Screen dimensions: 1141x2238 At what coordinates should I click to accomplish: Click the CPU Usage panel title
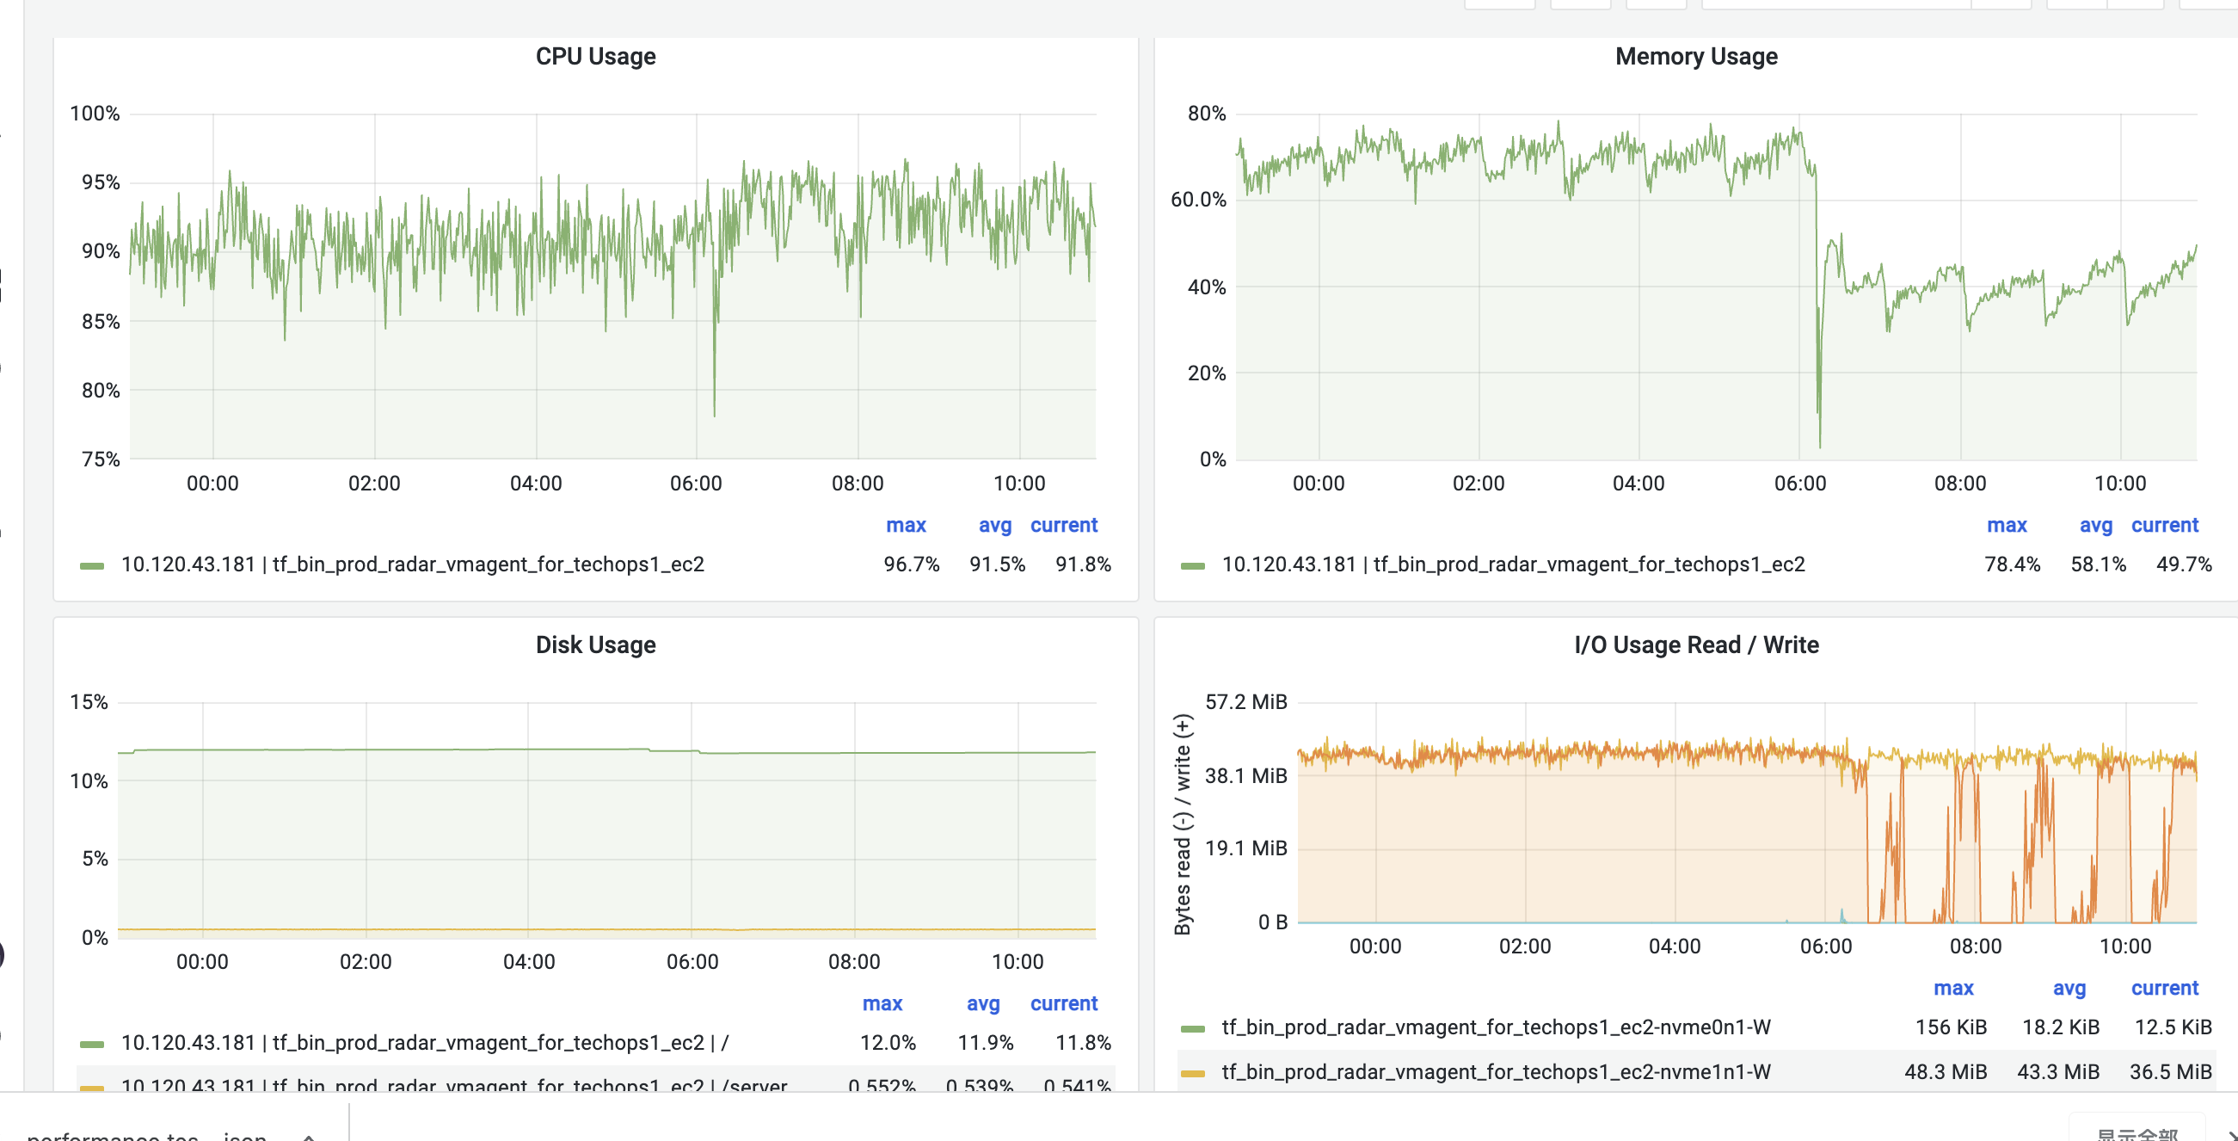pyautogui.click(x=595, y=57)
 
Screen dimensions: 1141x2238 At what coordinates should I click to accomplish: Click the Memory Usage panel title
pyautogui.click(x=1695, y=57)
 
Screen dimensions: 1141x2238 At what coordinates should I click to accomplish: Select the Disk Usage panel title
pyautogui.click(x=595, y=645)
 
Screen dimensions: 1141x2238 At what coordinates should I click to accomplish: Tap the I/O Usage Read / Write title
pyautogui.click(x=1695, y=645)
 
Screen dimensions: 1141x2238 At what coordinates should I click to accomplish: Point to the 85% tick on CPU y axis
pyautogui.click(x=101, y=322)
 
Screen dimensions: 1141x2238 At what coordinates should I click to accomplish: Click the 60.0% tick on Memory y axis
pyautogui.click(x=1198, y=200)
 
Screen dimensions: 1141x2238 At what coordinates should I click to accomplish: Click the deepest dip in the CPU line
pyautogui.click(x=714, y=414)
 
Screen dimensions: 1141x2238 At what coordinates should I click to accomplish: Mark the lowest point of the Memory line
pyautogui.click(x=1819, y=446)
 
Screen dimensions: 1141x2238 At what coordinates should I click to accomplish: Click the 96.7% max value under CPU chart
pyautogui.click(x=912, y=564)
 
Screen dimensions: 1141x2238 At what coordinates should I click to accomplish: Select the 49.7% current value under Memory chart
pyautogui.click(x=2183, y=564)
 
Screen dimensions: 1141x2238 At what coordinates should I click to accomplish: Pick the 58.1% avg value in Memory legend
pyautogui.click(x=2097, y=564)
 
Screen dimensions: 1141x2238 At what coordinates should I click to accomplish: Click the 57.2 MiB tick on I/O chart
pyautogui.click(x=1245, y=702)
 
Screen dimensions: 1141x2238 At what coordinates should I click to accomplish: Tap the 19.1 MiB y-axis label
pyautogui.click(x=1245, y=848)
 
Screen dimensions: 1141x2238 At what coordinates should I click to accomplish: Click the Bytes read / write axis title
pyautogui.click(x=1183, y=823)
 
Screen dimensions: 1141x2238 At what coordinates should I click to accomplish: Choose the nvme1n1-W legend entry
pyautogui.click(x=1495, y=1072)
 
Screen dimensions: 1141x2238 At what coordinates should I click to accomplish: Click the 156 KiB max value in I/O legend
pyautogui.click(x=1951, y=1027)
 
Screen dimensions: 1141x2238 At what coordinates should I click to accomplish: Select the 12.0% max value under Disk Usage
pyautogui.click(x=887, y=1043)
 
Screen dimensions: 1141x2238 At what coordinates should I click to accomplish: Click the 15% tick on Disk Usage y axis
pyautogui.click(x=89, y=702)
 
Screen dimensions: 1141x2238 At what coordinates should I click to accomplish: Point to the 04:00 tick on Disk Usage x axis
pyautogui.click(x=528, y=962)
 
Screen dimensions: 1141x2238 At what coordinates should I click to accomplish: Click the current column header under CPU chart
pyautogui.click(x=1063, y=526)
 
